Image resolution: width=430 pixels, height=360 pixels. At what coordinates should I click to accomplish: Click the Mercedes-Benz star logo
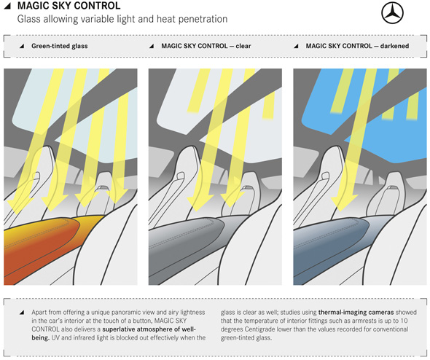[x=392, y=13]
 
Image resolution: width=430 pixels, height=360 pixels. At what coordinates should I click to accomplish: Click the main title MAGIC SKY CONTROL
[x=69, y=6]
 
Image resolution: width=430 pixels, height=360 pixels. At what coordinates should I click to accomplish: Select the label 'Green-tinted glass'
[x=60, y=46]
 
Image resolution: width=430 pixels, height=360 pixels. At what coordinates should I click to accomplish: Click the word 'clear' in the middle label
[x=243, y=46]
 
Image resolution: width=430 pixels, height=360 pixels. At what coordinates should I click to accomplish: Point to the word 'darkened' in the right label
[x=394, y=46]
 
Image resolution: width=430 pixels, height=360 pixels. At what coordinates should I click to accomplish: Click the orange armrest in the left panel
[x=41, y=247]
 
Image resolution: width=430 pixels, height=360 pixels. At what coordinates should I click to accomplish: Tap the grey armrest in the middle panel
[x=187, y=247]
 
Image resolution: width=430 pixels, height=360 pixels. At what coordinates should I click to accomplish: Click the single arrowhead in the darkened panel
[x=343, y=203]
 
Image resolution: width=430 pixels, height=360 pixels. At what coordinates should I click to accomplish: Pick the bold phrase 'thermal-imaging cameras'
[x=356, y=313]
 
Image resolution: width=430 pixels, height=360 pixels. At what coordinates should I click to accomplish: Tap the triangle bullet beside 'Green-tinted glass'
[x=22, y=47]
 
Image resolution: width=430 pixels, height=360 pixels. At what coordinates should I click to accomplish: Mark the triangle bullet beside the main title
[x=7, y=6]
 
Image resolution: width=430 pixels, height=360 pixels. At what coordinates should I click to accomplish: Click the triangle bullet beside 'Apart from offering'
[x=22, y=313]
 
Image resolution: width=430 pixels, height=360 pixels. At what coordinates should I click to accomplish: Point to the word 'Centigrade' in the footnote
[x=262, y=329]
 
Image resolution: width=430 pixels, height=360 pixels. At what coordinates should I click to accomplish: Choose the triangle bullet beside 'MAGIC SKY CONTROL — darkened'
[x=296, y=47]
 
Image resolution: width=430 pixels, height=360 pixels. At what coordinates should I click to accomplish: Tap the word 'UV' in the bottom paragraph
[x=55, y=338]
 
